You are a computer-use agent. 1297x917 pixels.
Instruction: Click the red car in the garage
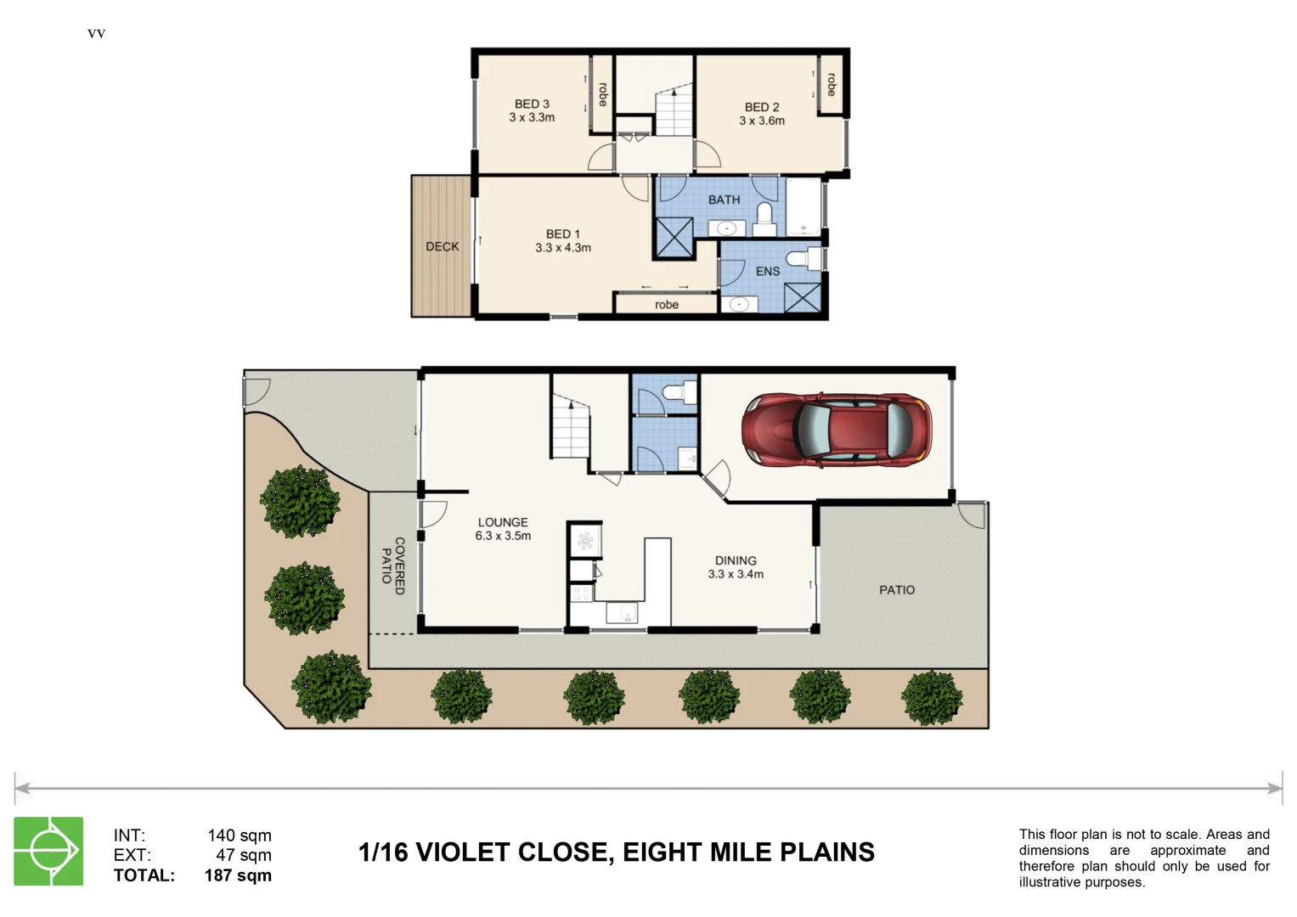(836, 430)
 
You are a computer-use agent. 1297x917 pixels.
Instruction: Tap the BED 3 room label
(532, 104)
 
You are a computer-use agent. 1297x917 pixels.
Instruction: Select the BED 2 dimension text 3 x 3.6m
(762, 121)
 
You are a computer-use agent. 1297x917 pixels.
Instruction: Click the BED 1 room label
(562, 233)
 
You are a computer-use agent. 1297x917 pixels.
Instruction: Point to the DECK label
(442, 246)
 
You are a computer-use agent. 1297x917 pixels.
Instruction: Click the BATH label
(724, 200)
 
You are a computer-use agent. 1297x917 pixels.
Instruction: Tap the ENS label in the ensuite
(767, 271)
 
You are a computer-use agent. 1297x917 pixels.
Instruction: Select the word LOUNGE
(503, 522)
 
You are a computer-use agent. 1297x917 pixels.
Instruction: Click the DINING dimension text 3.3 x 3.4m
(736, 574)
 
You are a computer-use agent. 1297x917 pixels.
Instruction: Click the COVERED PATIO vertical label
(392, 565)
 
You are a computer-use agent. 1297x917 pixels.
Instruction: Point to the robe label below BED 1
(666, 305)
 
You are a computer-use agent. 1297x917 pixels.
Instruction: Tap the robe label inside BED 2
(832, 84)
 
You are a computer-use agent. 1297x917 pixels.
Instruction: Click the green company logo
(48, 851)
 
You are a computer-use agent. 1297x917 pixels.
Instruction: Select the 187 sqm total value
(238, 875)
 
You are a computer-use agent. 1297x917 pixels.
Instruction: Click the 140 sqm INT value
(240, 835)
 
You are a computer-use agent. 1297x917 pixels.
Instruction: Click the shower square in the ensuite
(802, 298)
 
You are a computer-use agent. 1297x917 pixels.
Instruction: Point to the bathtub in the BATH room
(804, 206)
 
